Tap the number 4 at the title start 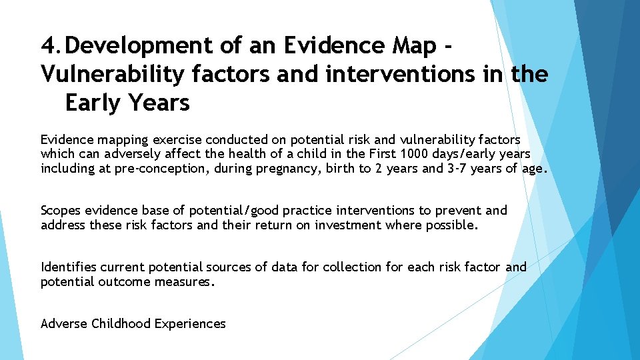click(49, 45)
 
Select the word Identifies click(69, 267)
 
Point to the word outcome click(124, 281)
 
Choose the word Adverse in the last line click(64, 324)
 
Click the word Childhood click(121, 324)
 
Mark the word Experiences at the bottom click(190, 324)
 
